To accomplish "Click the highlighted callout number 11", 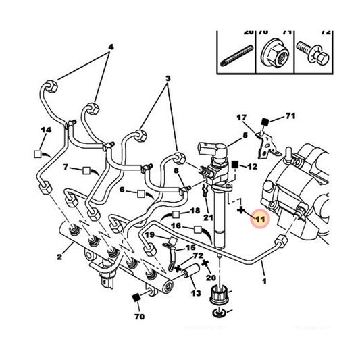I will pos(259,218).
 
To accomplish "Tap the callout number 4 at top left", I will pos(111,47).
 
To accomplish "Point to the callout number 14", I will pos(46,130).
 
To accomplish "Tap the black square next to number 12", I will pos(234,164).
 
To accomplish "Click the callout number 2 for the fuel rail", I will pos(60,257).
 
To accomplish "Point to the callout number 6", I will pos(123,191).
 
